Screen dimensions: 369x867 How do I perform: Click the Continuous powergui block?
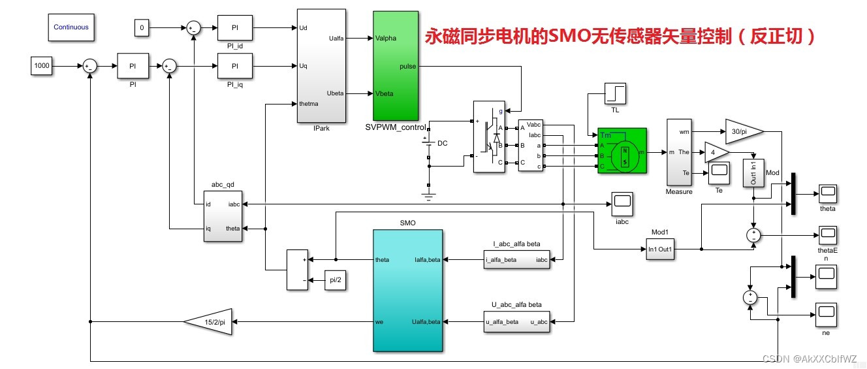tap(71, 27)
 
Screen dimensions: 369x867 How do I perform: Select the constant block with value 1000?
tap(41, 65)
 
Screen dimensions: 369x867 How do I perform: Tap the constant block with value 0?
tap(142, 27)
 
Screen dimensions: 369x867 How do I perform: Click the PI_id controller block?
tap(234, 27)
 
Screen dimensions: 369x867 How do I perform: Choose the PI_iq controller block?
tap(234, 66)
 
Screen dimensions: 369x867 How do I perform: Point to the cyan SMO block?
tap(407, 289)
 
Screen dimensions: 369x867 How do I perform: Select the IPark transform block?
tap(321, 65)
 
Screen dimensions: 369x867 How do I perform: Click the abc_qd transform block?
tap(222, 216)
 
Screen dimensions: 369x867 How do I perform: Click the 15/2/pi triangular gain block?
tap(209, 321)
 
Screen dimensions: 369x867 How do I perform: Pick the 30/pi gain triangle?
tap(743, 131)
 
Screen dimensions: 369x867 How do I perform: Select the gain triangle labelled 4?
tap(714, 152)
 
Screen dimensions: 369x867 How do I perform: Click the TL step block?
tap(615, 93)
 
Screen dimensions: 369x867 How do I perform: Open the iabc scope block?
tap(622, 204)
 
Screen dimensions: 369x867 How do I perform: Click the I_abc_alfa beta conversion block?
tap(516, 259)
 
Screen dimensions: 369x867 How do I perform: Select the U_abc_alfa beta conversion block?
tap(516, 321)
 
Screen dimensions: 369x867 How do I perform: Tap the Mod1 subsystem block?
tap(661, 249)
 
